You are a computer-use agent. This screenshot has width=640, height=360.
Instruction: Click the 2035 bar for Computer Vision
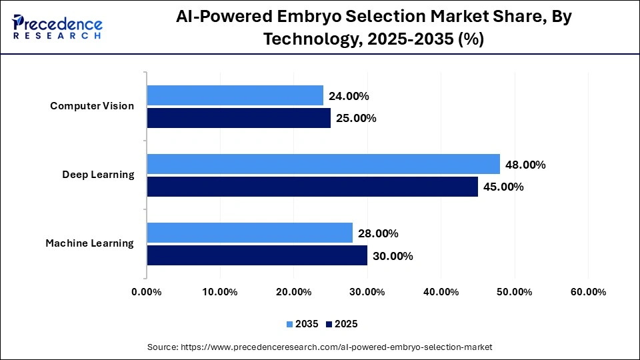(235, 95)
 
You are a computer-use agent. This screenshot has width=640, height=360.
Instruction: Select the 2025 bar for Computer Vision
(239, 118)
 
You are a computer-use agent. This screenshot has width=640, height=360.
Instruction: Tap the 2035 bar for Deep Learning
(323, 164)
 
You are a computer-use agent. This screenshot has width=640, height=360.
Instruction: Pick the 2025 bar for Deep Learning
(312, 187)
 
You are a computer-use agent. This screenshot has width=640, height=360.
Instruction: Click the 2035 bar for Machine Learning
(249, 233)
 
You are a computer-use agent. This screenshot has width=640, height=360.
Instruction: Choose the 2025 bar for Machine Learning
(257, 255)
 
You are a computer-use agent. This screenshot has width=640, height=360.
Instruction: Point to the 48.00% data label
(525, 165)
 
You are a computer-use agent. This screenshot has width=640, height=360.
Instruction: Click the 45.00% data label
(503, 187)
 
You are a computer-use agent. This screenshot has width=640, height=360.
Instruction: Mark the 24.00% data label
(349, 96)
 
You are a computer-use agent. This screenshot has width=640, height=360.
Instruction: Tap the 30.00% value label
(393, 256)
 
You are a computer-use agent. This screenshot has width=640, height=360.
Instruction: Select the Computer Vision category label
(92, 106)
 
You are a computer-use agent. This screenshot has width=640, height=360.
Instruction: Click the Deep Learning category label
(98, 175)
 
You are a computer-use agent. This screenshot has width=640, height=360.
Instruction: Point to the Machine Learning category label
(89, 243)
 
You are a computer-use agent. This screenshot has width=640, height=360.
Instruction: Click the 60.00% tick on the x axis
(588, 292)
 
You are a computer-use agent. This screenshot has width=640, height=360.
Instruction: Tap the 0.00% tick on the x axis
(147, 292)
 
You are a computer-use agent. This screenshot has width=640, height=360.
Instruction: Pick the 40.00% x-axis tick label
(441, 292)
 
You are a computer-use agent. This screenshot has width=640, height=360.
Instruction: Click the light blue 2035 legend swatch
(290, 324)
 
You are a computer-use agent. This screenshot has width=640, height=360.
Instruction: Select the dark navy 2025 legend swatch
(329, 324)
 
